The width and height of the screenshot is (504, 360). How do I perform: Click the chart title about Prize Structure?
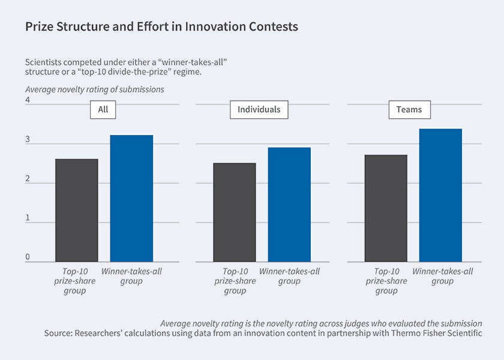(x=161, y=27)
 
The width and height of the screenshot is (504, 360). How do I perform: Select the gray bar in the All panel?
(x=76, y=210)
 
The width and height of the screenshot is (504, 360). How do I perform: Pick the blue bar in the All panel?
(x=131, y=198)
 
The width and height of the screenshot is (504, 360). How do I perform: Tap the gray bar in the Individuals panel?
(x=234, y=212)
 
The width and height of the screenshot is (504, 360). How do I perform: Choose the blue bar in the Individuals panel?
(x=289, y=205)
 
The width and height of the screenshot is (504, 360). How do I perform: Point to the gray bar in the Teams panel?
(x=386, y=208)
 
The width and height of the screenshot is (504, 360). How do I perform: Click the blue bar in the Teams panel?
(x=440, y=195)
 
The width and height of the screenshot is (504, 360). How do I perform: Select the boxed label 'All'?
(x=103, y=109)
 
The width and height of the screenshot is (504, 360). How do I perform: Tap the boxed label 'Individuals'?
(x=259, y=109)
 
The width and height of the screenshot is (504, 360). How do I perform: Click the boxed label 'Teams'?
(x=409, y=109)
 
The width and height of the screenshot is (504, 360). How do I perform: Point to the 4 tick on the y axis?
(x=28, y=101)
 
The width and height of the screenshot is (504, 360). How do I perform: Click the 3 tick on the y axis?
(x=28, y=140)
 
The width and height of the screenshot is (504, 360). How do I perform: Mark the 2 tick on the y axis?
(x=28, y=179)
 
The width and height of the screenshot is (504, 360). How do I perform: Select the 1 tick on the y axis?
(x=28, y=218)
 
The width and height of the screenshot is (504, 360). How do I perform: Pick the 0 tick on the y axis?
(x=28, y=257)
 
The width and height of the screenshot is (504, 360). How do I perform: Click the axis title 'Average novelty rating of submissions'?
(x=94, y=89)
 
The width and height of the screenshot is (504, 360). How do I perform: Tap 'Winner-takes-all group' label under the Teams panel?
(x=442, y=276)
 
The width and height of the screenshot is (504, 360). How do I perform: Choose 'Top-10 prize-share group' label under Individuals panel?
(x=234, y=281)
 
